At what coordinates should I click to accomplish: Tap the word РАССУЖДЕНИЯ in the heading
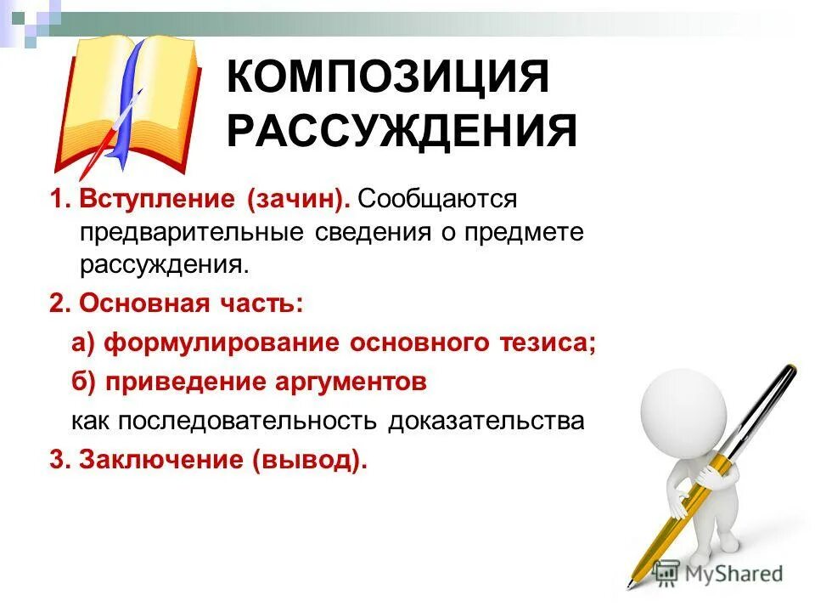coord(402,133)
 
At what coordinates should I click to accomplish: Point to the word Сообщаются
coord(437,200)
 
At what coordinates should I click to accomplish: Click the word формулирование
coord(222,343)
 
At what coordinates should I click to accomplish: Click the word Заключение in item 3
coord(161,460)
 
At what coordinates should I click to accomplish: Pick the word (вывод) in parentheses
coord(309,460)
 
